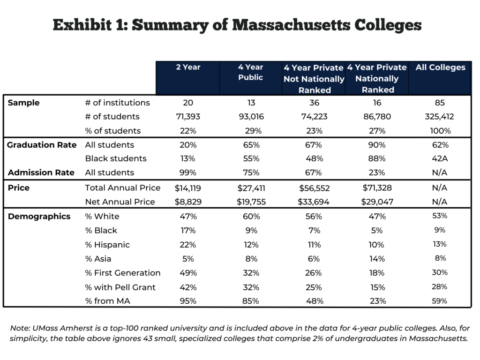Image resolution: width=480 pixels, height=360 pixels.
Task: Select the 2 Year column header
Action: [188, 67]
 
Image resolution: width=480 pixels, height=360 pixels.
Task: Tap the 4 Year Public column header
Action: [251, 72]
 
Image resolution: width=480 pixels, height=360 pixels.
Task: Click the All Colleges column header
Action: [440, 67]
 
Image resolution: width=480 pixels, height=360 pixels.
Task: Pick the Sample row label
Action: [23, 103]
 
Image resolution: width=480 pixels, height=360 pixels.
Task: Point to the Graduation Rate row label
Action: [42, 145]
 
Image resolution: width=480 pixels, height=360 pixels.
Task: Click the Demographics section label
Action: [39, 217]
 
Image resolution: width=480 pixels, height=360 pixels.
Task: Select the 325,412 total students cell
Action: [439, 117]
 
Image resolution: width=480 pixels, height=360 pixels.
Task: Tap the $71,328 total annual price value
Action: [377, 187]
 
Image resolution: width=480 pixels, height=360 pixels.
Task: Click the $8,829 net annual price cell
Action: [188, 202]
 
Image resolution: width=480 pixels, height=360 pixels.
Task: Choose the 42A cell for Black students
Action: [440, 158]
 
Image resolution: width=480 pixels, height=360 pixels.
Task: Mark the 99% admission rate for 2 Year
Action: [187, 172]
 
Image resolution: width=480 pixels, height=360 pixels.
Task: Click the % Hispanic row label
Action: [107, 245]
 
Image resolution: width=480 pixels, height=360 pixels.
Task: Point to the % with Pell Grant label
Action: [120, 287]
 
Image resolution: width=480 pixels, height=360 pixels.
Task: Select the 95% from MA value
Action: [188, 301]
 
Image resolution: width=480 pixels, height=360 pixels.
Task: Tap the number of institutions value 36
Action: [315, 103]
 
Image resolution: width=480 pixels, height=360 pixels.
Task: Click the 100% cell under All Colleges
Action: [440, 131]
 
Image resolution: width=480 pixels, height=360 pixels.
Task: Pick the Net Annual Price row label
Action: [120, 202]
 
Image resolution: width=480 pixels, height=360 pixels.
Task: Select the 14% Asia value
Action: [377, 259]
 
